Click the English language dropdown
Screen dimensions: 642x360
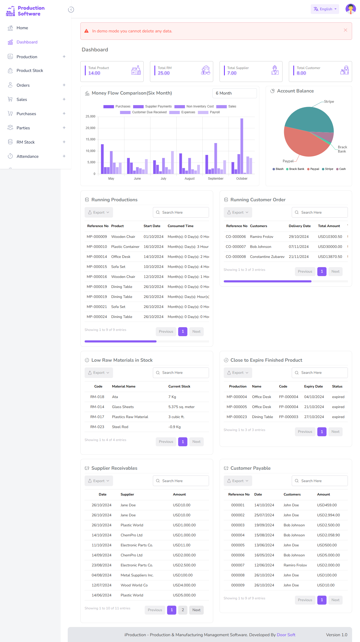(x=325, y=9)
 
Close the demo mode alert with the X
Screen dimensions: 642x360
(x=345, y=30)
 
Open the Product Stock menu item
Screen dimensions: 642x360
(x=30, y=71)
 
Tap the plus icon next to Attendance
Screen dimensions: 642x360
(x=64, y=156)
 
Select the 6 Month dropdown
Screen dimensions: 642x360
(x=234, y=93)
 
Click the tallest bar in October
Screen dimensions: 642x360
(x=242, y=146)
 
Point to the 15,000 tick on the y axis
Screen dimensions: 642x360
(x=90, y=139)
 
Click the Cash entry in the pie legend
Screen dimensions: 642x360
(x=342, y=169)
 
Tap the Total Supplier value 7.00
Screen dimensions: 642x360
(x=232, y=73)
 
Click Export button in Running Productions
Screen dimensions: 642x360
(x=99, y=213)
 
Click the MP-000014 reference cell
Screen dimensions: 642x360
(x=97, y=257)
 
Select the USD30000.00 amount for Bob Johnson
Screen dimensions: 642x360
(x=330, y=247)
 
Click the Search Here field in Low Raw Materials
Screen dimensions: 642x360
(x=181, y=373)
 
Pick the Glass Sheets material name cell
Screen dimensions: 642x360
(x=123, y=407)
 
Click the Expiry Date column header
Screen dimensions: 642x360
(x=313, y=386)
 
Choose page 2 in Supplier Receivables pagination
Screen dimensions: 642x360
(x=183, y=610)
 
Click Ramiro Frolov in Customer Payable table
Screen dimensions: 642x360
(x=295, y=565)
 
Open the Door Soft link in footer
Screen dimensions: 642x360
(x=286, y=635)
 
